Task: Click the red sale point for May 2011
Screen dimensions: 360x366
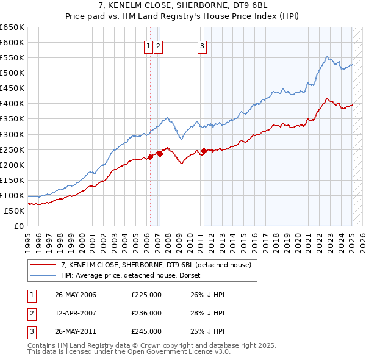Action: point(204,151)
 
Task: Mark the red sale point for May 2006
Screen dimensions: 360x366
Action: point(150,157)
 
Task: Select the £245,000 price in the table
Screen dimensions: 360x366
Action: point(146,331)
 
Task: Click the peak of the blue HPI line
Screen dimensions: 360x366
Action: point(328,57)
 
